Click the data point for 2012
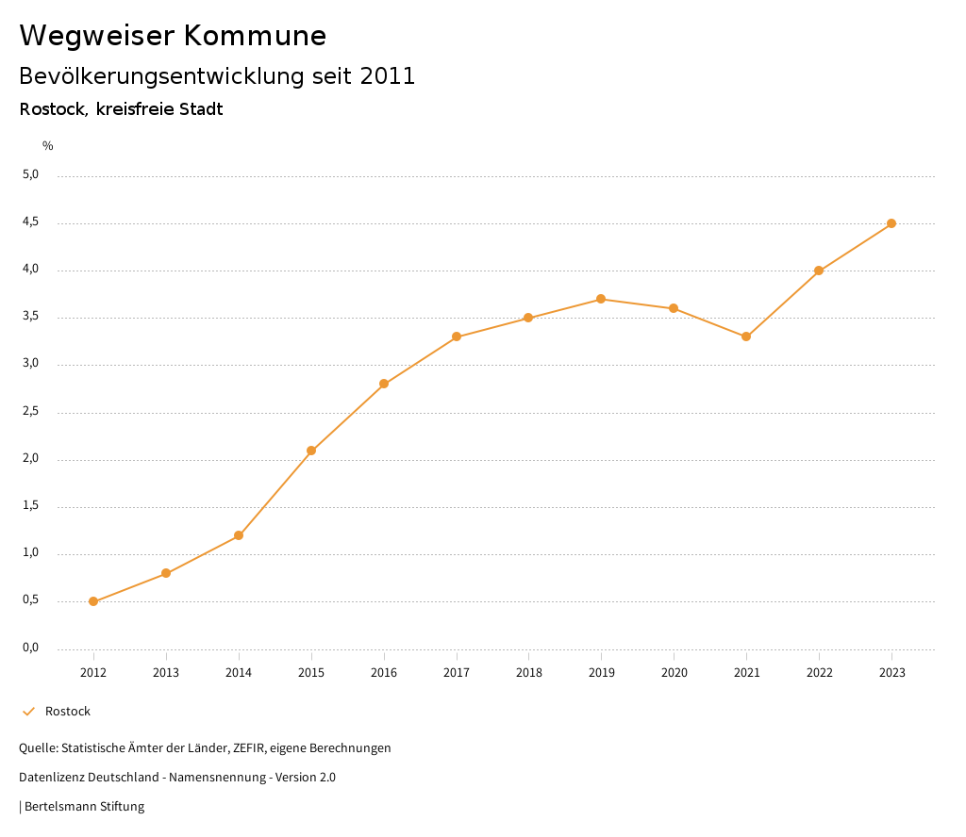pyautogui.click(x=93, y=601)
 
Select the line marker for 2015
pyautogui.click(x=311, y=451)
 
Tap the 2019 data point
pyautogui.click(x=601, y=299)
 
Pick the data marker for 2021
pyautogui.click(x=746, y=336)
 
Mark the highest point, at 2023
pyautogui.click(x=891, y=223)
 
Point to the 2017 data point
pyautogui.click(x=457, y=336)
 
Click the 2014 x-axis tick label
pyautogui.click(x=239, y=673)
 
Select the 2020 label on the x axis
pyautogui.click(x=674, y=673)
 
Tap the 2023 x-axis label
pyautogui.click(x=891, y=673)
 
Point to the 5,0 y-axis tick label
pyautogui.click(x=30, y=174)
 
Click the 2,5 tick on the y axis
pyautogui.click(x=30, y=412)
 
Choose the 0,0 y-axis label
pyautogui.click(x=30, y=648)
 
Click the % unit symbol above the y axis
pyautogui.click(x=48, y=146)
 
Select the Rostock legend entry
pyautogui.click(x=67, y=712)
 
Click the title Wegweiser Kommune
pyautogui.click(x=173, y=36)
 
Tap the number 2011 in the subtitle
pyautogui.click(x=388, y=76)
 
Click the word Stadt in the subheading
pyautogui.click(x=199, y=109)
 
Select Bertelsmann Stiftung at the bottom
pyautogui.click(x=84, y=807)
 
